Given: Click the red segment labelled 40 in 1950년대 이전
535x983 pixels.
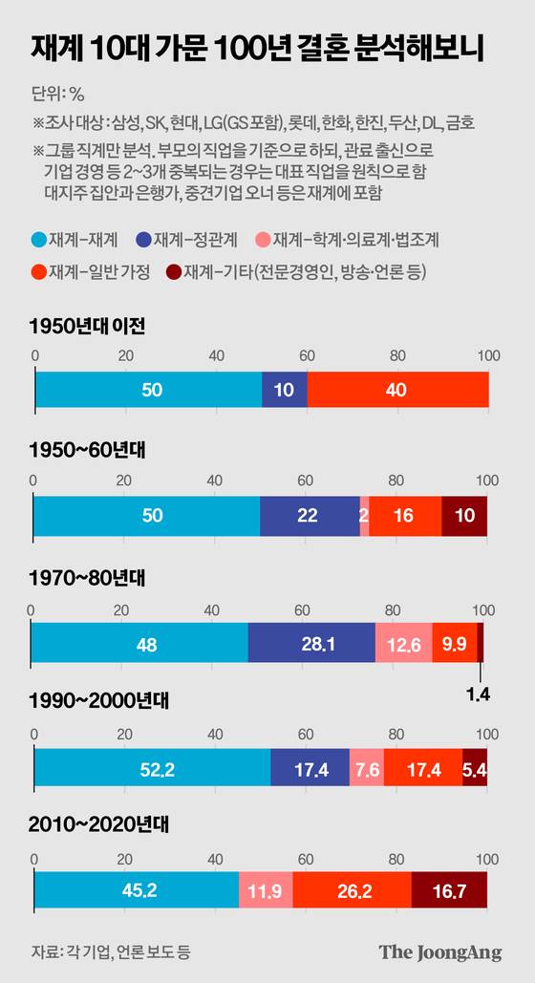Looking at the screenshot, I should [397, 390].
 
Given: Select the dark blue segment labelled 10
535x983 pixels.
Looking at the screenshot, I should [284, 390].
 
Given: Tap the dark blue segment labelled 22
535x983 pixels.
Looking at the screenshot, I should [309, 516].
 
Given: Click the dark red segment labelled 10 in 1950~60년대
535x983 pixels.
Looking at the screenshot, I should [464, 516].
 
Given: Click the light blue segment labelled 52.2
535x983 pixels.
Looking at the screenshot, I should [152, 768].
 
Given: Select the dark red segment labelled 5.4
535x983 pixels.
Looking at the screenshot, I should [475, 768].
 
